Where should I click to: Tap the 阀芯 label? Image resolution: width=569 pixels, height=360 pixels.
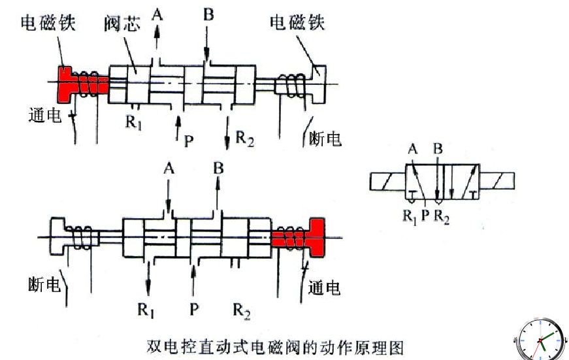tap(122, 24)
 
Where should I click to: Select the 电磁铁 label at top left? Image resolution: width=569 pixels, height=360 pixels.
tap(48, 22)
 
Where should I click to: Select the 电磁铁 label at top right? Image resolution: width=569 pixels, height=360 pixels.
tap(297, 22)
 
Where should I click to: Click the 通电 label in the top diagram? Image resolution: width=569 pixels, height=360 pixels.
tap(45, 116)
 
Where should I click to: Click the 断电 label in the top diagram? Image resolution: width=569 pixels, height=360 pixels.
tap(325, 139)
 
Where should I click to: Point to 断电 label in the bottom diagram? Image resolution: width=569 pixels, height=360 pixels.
tap(44, 284)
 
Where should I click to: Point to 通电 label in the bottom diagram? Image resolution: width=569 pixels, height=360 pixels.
tap(324, 287)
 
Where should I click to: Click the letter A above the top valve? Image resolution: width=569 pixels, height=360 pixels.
tap(157, 14)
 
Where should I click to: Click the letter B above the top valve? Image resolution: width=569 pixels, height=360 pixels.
tap(208, 14)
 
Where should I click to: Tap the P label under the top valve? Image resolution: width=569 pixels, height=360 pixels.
tap(189, 141)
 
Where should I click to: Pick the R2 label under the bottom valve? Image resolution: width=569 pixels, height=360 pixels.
tap(242, 311)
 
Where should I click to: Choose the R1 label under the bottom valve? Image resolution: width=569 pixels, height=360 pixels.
tap(146, 310)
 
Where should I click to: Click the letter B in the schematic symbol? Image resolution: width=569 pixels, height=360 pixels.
tap(438, 149)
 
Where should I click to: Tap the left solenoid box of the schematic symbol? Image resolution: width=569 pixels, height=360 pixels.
tap(387, 182)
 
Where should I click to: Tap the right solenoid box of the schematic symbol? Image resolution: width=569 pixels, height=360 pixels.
tap(496, 182)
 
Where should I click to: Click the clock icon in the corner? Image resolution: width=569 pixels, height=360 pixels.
tap(541, 340)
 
